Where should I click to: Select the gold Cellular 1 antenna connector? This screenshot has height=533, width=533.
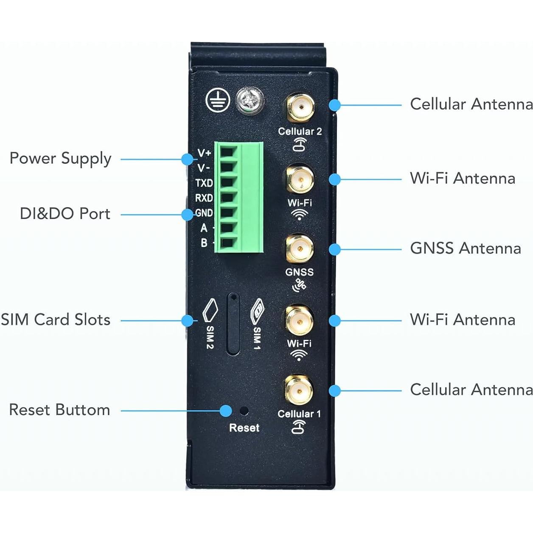[299, 390]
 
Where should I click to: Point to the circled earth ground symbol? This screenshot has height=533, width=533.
[218, 101]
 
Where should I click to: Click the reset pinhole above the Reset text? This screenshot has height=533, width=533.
[244, 411]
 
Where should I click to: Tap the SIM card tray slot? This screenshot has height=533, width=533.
[233, 324]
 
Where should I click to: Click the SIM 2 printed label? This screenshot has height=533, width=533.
[210, 337]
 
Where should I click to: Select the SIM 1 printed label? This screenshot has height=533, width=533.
[257, 338]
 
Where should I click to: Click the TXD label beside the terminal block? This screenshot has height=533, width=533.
[204, 183]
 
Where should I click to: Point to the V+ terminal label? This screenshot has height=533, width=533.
[204, 153]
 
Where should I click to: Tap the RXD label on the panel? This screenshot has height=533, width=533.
[204, 198]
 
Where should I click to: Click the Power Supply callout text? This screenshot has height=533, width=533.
[60, 159]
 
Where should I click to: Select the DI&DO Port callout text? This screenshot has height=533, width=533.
[65, 214]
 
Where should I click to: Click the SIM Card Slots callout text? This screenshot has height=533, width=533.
[56, 320]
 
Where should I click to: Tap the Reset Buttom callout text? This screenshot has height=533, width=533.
[59, 410]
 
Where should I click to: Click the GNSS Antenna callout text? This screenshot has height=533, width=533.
[466, 248]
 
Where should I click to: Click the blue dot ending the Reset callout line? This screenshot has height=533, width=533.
[226, 410]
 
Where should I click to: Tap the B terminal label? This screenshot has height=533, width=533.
[204, 243]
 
